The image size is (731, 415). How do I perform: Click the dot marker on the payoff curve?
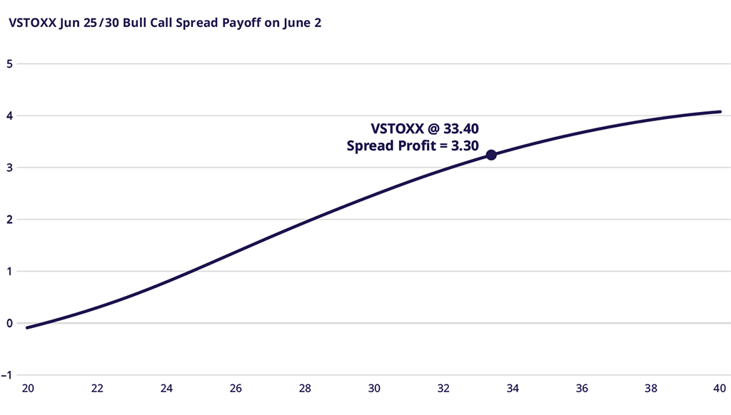pos(491,155)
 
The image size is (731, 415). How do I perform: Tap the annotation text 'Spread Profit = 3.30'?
pos(412,146)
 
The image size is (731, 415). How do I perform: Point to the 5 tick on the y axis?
pos(9,63)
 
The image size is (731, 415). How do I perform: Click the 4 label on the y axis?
pos(9,116)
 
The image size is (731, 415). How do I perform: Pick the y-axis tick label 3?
pos(9,168)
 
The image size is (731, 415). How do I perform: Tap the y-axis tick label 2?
pos(9,220)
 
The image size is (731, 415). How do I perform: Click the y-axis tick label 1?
pos(9,271)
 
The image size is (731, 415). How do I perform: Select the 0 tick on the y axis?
pos(9,323)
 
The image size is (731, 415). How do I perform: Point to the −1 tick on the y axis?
pos(7,375)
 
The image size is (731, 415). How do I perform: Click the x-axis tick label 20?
pos(29,389)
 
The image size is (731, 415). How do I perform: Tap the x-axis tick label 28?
pos(305,389)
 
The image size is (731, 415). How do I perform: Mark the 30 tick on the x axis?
pos(374,389)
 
